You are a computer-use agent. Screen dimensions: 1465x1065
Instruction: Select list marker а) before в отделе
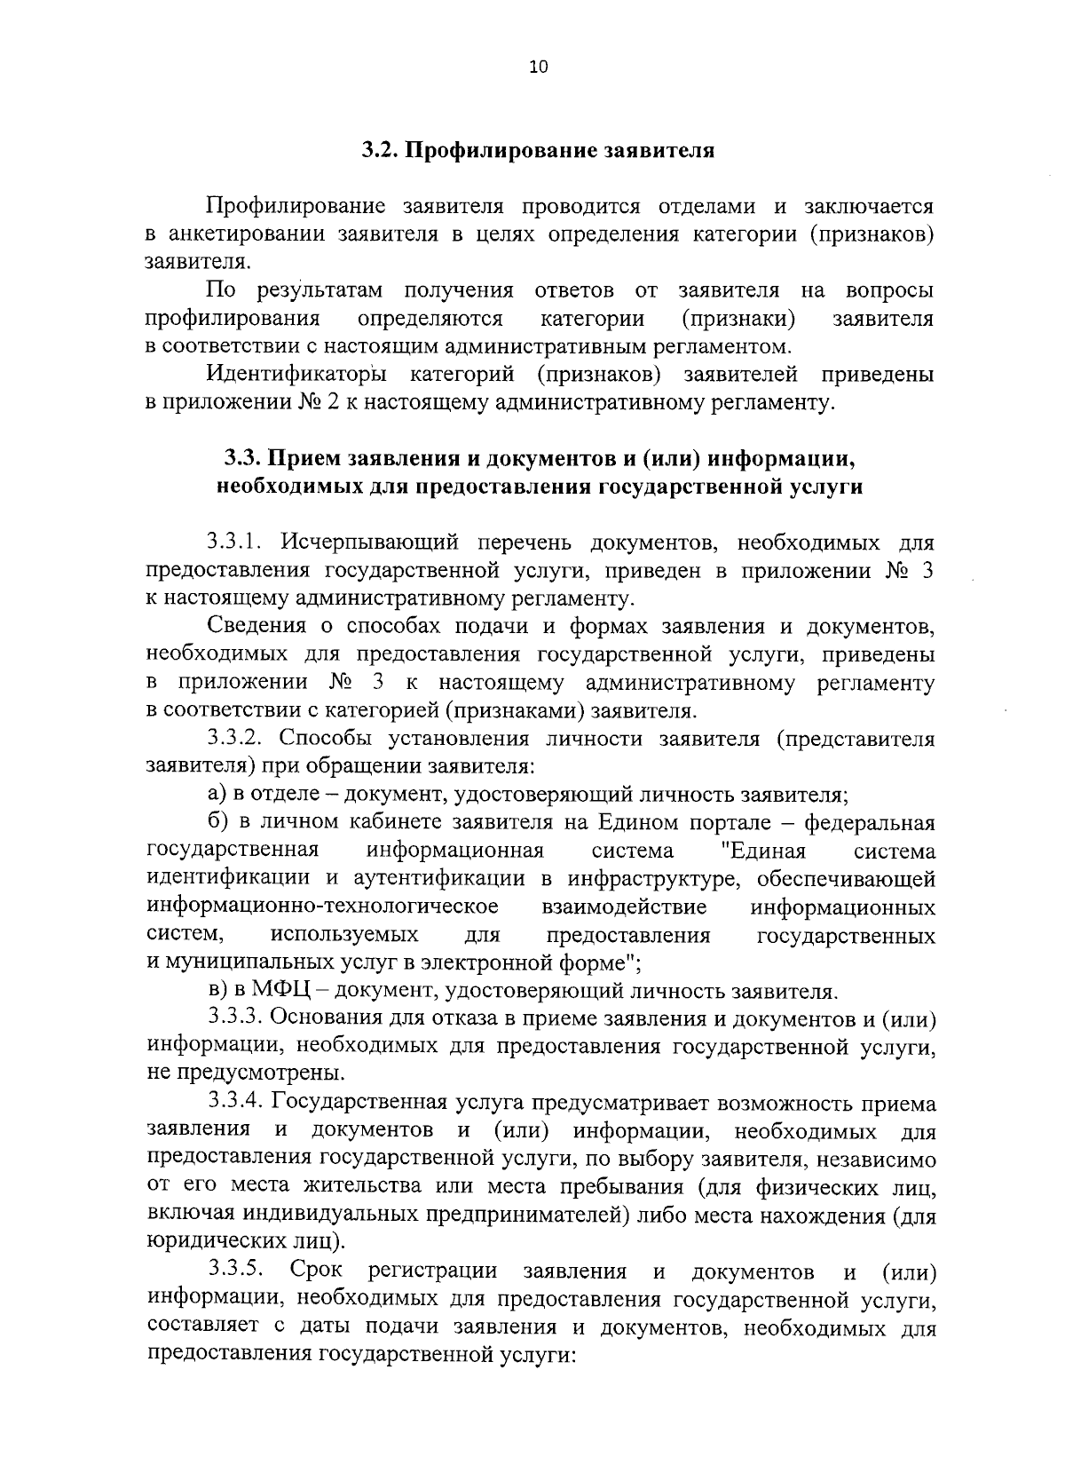[218, 795]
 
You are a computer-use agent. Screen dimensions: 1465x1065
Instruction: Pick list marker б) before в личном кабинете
[219, 823]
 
